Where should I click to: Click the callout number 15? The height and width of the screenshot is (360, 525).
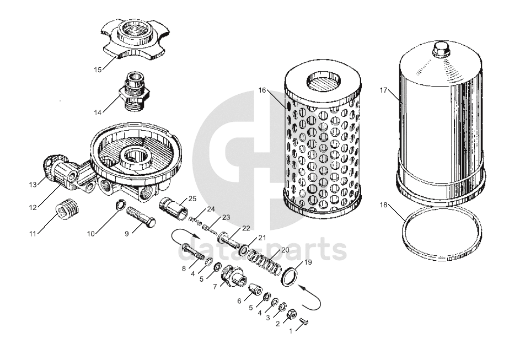tap(98, 70)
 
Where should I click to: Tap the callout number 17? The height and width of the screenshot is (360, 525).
tap(383, 90)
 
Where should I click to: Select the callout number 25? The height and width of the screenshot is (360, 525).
tap(192, 198)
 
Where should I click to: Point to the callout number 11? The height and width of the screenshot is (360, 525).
tap(33, 234)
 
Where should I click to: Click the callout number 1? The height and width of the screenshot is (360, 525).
tap(291, 331)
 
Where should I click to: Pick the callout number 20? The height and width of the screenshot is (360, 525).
tap(285, 250)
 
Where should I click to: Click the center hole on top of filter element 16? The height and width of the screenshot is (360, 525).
tap(323, 80)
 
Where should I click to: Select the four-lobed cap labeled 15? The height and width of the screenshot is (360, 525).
tap(135, 40)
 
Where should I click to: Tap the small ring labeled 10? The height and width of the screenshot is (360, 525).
tap(120, 204)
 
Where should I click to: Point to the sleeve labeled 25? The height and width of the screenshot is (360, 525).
tap(174, 208)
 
